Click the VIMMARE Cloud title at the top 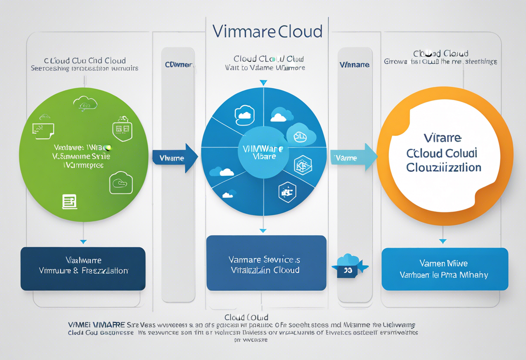tap(267, 32)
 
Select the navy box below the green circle tap(83, 269)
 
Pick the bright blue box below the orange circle tap(445, 269)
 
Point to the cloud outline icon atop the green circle tap(85, 103)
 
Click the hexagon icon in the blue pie tap(302, 165)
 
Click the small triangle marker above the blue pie tap(263, 83)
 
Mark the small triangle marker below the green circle tap(83, 241)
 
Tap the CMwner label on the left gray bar tap(178, 64)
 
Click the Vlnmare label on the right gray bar tap(354, 64)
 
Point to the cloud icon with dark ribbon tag tap(349, 266)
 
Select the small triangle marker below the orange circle tap(443, 241)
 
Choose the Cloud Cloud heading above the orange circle tap(440, 54)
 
